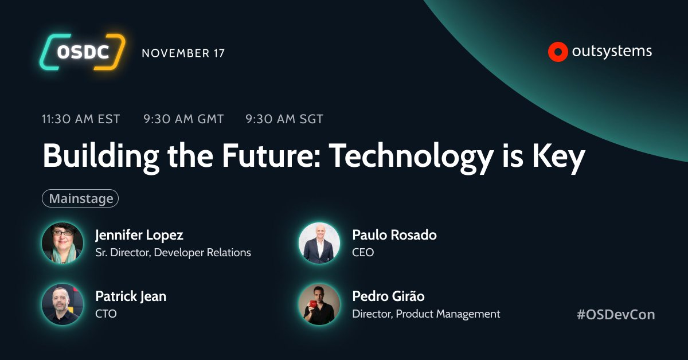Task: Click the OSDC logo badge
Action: coord(81,52)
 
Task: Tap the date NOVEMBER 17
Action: coord(183,53)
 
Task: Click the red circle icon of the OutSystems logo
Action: coord(557,52)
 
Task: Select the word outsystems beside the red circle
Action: coord(612,52)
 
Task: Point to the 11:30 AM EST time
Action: coord(81,119)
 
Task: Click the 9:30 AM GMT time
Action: coord(183,119)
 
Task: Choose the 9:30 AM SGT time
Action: coord(284,119)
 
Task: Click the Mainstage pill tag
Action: coord(80,198)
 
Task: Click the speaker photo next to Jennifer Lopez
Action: coord(62,243)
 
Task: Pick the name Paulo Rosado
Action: coord(394,235)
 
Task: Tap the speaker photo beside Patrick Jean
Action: coord(62,304)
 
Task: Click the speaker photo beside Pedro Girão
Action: coord(319,304)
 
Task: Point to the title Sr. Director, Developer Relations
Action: coord(173,252)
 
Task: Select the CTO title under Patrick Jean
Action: coord(106,314)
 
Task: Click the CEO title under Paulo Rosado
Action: coord(363,252)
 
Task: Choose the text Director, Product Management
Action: coord(426,314)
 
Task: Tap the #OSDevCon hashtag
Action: coord(616,314)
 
